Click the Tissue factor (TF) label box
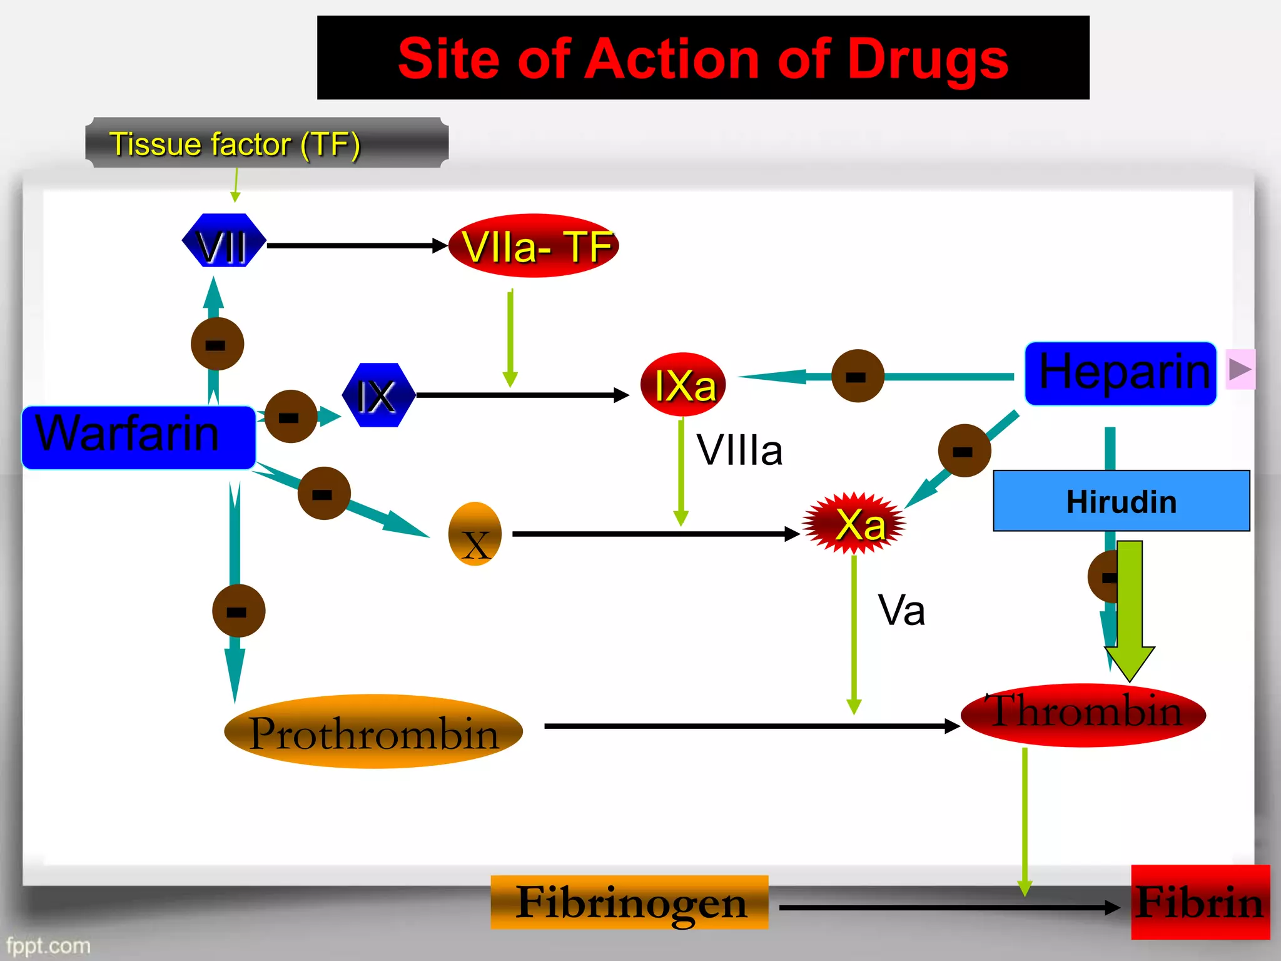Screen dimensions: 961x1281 click(x=267, y=143)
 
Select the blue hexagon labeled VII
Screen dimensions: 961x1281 click(x=223, y=242)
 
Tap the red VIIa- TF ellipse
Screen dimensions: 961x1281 click(x=534, y=246)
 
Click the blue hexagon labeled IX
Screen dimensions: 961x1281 click(x=378, y=395)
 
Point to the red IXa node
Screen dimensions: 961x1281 click(x=683, y=385)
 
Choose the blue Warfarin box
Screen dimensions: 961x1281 click(x=138, y=437)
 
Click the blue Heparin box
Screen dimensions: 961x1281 click(x=1120, y=374)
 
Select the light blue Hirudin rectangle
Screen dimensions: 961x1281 click(x=1121, y=501)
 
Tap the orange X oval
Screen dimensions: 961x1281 click(x=475, y=535)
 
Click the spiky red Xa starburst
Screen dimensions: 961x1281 click(x=854, y=524)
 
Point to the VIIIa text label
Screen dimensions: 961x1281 click(x=739, y=450)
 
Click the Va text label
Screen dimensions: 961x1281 click(x=901, y=610)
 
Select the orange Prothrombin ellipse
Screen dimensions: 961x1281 click(x=373, y=731)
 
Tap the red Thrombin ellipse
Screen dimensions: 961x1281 click(x=1083, y=715)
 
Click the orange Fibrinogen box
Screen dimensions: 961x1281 click(x=629, y=902)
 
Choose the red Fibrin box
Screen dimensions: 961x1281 click(x=1200, y=902)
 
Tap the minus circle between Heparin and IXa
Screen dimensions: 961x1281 click(x=858, y=376)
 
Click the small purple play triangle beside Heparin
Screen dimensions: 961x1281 click(x=1240, y=369)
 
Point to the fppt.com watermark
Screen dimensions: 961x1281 click(x=48, y=945)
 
